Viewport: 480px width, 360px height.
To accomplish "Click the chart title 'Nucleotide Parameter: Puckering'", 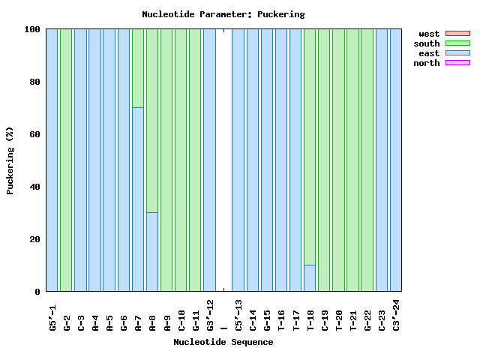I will (x=223, y=14).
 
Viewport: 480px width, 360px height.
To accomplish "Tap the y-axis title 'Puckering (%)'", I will (x=10, y=160).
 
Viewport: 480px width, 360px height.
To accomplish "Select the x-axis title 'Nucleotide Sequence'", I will (x=223, y=342).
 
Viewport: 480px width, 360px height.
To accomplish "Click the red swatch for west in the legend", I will (x=457, y=34).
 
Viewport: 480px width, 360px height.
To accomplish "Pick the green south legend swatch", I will (x=457, y=43).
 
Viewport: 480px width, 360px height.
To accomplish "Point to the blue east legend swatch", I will (x=457, y=53).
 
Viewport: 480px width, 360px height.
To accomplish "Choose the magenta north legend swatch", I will (x=457, y=63).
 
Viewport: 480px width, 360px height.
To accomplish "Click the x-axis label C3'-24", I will (x=396, y=314).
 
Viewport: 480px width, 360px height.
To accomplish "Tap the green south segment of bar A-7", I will (x=138, y=67).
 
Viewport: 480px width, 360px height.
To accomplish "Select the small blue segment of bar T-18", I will (x=310, y=277).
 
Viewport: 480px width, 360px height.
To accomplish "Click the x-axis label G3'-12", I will (x=210, y=314).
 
